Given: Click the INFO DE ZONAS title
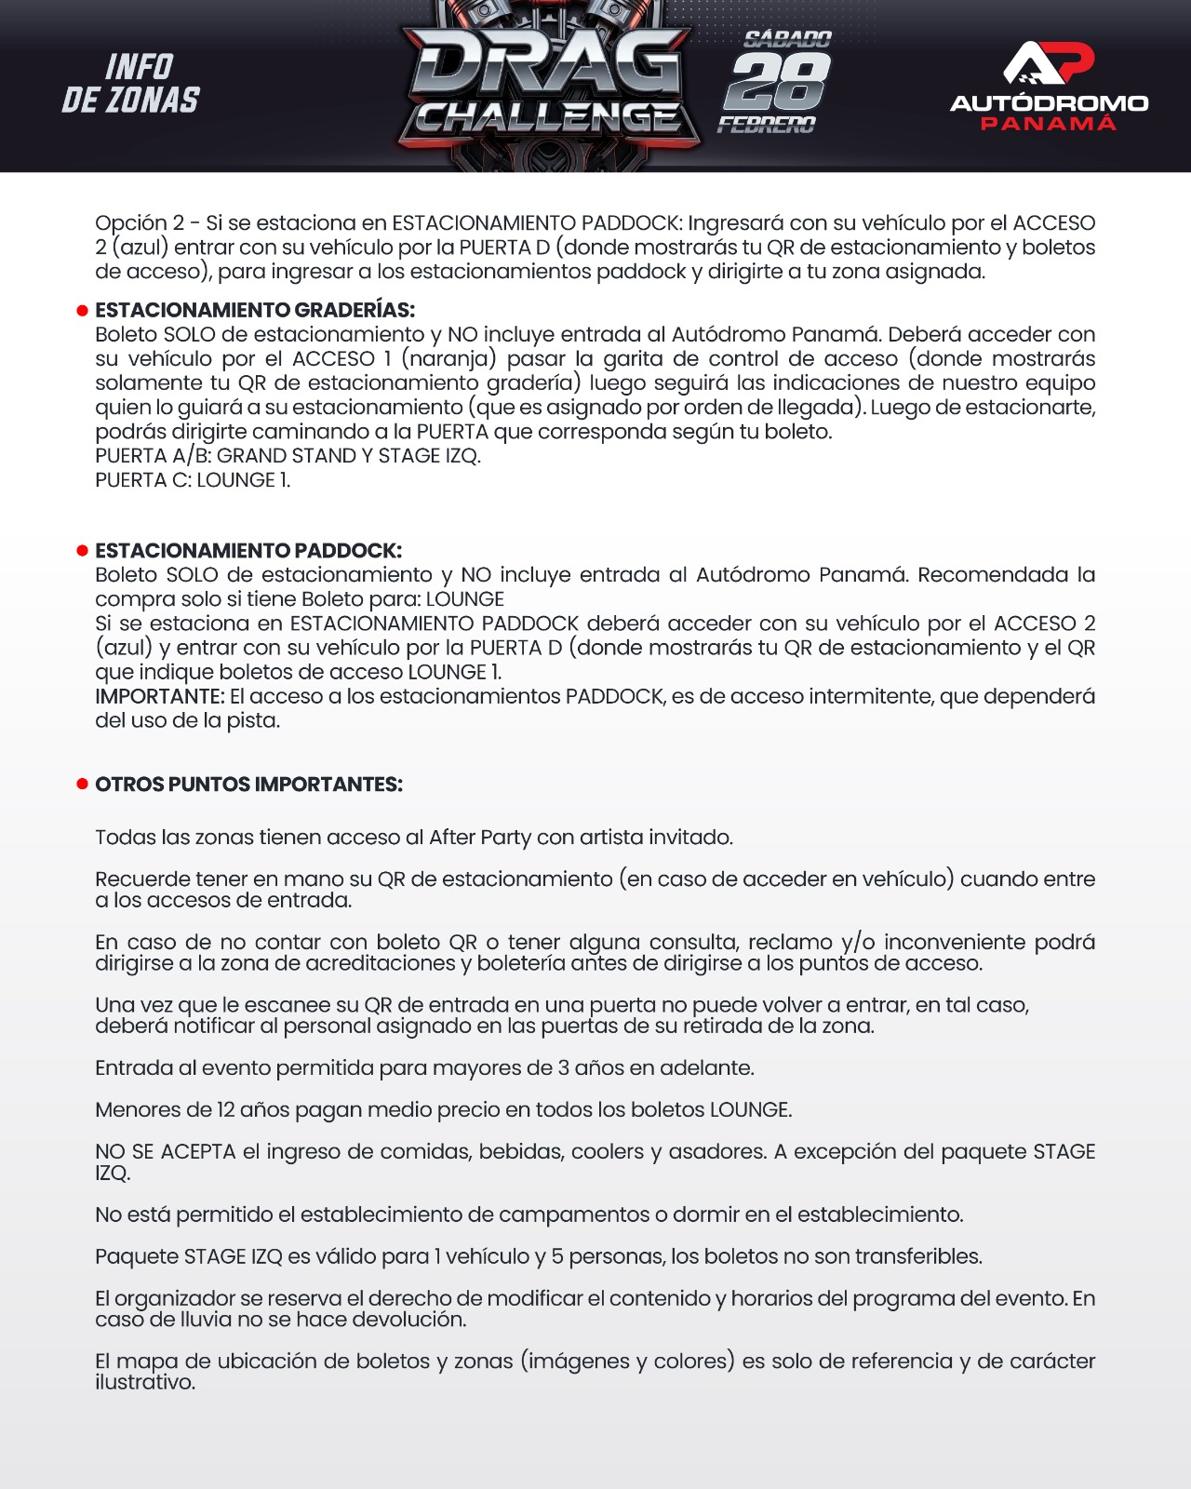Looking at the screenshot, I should [131, 84].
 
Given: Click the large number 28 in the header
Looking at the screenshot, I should [778, 82].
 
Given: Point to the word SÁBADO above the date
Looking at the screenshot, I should [787, 39].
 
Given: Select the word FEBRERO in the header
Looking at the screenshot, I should [767, 125].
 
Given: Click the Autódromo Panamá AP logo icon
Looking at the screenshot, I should [1049, 62].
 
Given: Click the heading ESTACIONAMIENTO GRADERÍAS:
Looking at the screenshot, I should [255, 310].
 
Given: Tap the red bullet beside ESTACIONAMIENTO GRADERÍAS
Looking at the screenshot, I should [82, 310].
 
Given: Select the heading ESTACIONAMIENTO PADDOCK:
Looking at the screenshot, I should [248, 551].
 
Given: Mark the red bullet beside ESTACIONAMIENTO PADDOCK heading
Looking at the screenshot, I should [82, 551].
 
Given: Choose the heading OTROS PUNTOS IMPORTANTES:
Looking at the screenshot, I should [248, 785].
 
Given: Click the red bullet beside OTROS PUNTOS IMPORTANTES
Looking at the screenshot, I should [82, 785].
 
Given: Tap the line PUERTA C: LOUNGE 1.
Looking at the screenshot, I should [193, 480].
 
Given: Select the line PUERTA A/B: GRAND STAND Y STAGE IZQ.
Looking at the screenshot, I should [288, 456].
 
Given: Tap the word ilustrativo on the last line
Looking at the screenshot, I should [145, 1383].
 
